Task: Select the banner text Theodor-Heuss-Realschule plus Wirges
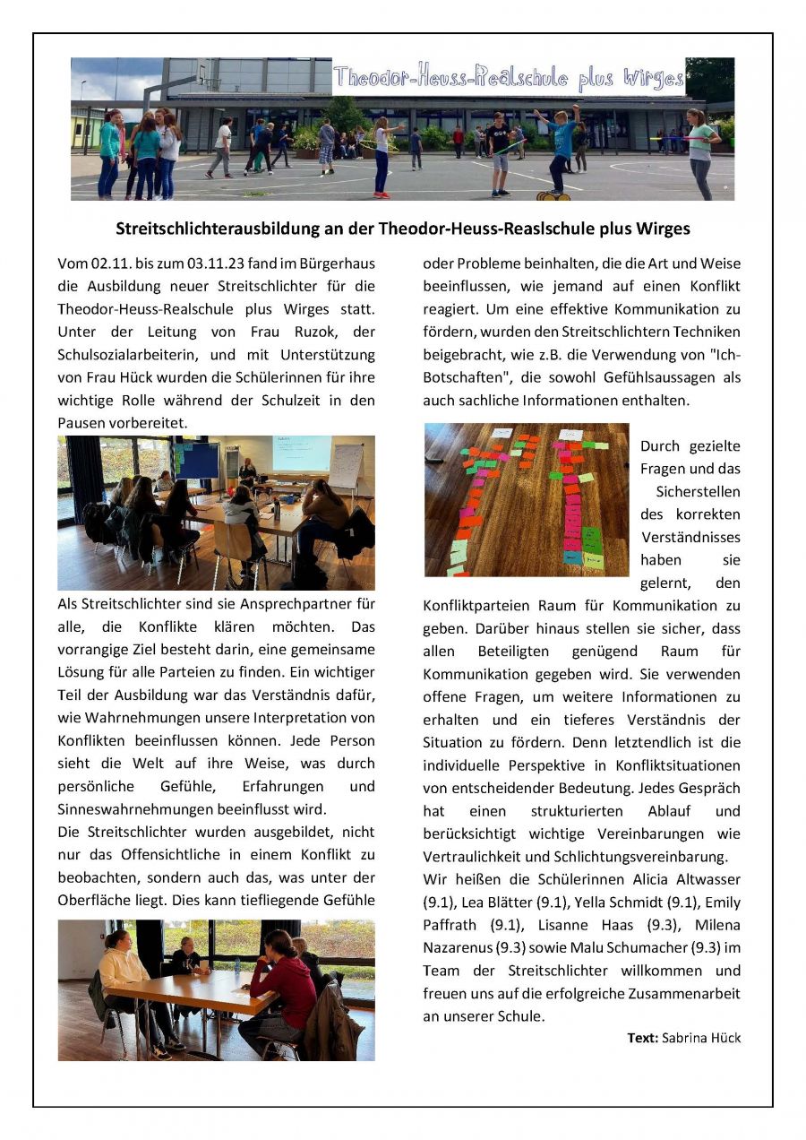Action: click(508, 78)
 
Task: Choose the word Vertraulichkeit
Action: click(473, 855)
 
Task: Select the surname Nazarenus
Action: click(459, 947)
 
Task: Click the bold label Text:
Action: click(642, 1038)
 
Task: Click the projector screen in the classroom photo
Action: click(301, 453)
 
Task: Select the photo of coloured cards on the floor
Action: click(527, 499)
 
